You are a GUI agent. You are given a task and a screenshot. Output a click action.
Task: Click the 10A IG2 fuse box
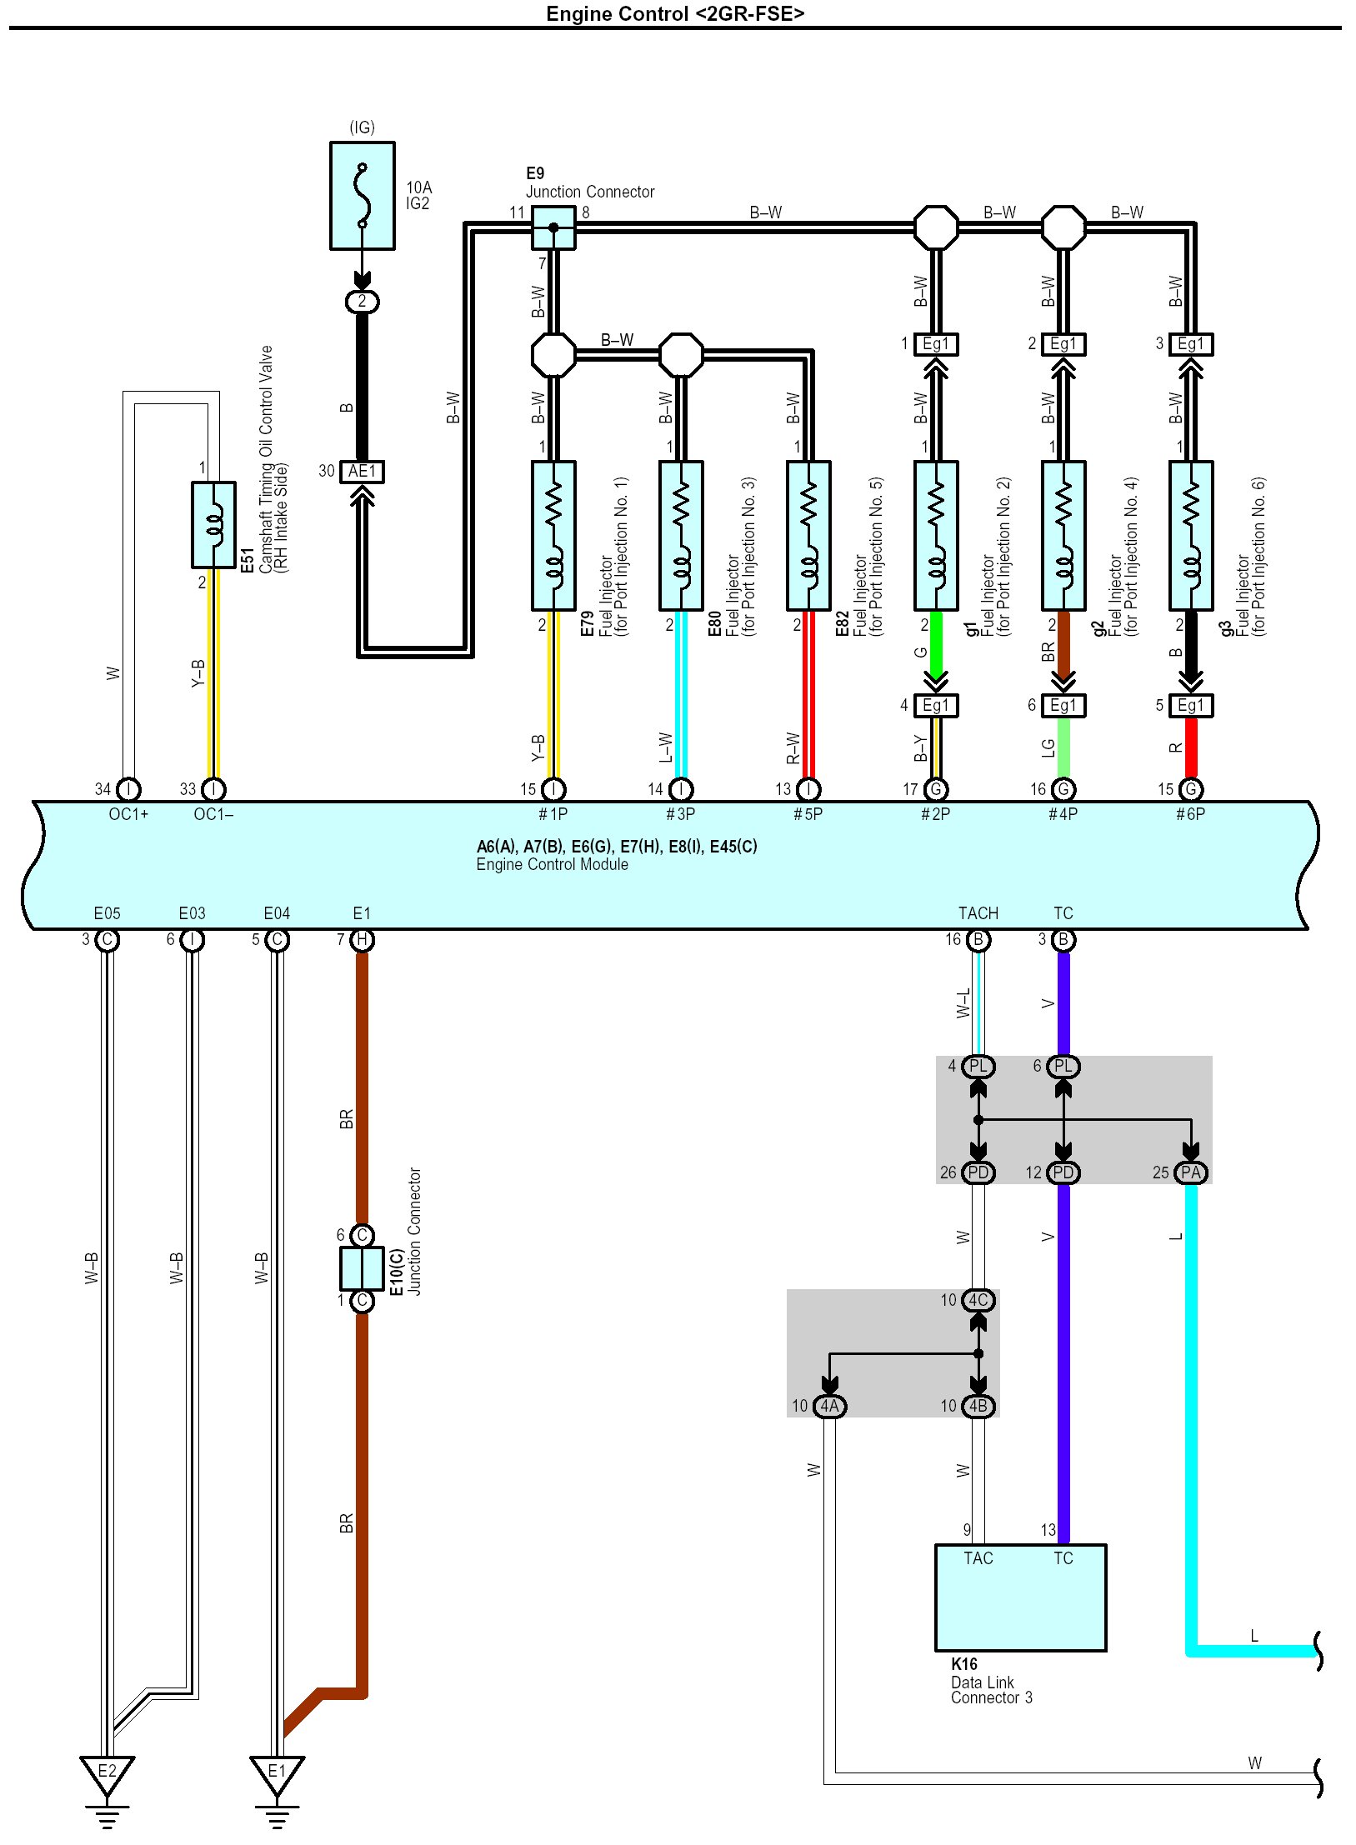[x=362, y=195]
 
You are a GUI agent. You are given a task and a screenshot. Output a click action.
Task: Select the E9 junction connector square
[x=553, y=227]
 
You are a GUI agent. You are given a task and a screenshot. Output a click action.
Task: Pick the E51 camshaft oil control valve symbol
[x=213, y=524]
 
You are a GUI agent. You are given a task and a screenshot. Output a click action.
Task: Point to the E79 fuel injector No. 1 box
[x=553, y=535]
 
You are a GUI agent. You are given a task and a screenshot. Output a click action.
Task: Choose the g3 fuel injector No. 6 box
[x=1191, y=535]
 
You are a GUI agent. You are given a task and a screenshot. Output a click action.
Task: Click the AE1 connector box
[x=362, y=472]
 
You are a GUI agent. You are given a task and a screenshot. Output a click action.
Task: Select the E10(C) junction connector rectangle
[x=362, y=1267]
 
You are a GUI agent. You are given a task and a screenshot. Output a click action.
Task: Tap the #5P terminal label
[x=808, y=814]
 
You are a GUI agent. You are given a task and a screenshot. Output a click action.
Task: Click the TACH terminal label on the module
[x=978, y=913]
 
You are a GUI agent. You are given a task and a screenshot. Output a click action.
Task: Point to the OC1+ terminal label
[x=128, y=814]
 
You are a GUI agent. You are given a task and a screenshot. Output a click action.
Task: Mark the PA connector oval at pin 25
[x=1191, y=1172]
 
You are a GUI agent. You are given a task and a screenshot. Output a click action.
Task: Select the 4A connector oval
[x=829, y=1406]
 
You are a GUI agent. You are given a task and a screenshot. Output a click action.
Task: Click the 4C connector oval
[x=978, y=1300]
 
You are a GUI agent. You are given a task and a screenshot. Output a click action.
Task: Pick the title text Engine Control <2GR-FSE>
[x=675, y=13]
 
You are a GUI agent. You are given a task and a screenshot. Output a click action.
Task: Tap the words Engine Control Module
[x=552, y=864]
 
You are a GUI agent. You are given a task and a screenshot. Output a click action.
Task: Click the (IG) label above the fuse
[x=362, y=127]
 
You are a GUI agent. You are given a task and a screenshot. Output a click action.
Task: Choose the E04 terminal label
[x=277, y=913]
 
